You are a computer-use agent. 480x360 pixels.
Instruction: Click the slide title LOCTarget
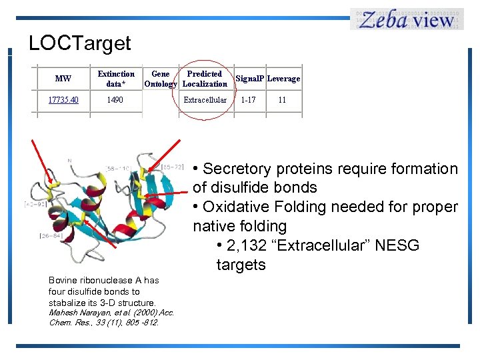[x=79, y=43]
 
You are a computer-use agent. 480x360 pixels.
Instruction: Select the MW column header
[x=63, y=79]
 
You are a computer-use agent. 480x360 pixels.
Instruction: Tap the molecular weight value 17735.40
[x=63, y=100]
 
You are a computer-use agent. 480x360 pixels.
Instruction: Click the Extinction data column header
[x=116, y=79]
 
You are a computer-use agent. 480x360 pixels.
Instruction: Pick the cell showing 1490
[x=115, y=100]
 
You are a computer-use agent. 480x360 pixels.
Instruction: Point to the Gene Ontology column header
[x=161, y=79]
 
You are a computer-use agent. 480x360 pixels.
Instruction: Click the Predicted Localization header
[x=205, y=79]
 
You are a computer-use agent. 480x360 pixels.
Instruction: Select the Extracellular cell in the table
[x=205, y=100]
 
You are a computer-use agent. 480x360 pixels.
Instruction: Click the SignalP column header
[x=250, y=79]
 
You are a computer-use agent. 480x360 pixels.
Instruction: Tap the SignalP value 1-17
[x=248, y=100]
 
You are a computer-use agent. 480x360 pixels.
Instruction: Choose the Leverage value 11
[x=282, y=100]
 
